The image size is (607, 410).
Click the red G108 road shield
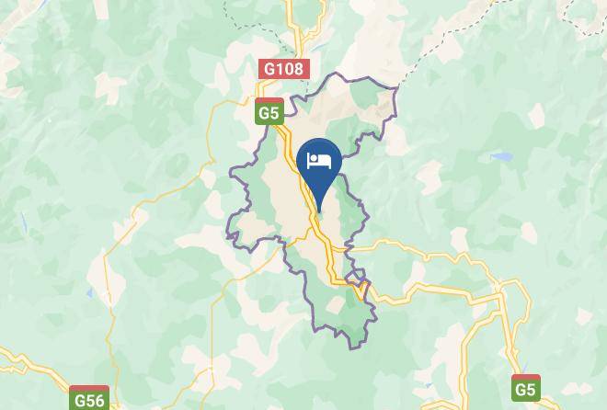(x=284, y=69)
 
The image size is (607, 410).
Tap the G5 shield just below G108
(x=269, y=111)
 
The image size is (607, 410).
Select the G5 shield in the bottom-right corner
(x=526, y=387)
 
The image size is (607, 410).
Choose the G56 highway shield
(x=89, y=399)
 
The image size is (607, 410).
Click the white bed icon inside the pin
(x=319, y=162)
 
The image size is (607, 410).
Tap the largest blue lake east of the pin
(x=501, y=157)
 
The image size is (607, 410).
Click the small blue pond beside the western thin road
(x=89, y=293)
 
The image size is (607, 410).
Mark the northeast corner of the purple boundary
(x=396, y=89)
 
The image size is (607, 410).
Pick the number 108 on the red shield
(x=290, y=69)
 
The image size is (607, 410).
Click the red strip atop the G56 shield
(x=89, y=390)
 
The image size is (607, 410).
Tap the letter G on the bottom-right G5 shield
(x=520, y=389)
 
